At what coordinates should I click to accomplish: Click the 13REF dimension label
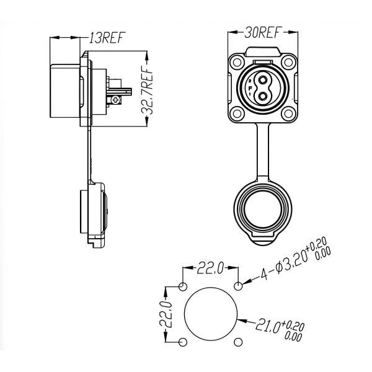(x=105, y=38)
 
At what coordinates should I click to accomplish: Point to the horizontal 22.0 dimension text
(x=211, y=268)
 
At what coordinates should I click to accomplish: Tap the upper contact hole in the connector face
(x=263, y=81)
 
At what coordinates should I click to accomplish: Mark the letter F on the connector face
(x=250, y=89)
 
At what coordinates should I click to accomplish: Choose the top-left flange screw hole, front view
(x=237, y=63)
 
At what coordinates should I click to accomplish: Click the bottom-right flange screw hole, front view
(x=288, y=113)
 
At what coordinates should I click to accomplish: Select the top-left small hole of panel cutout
(x=183, y=287)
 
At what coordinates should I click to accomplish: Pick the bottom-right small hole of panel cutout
(x=239, y=343)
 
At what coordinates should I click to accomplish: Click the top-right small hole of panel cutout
(x=239, y=287)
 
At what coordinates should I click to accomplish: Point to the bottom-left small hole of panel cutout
(x=183, y=343)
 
